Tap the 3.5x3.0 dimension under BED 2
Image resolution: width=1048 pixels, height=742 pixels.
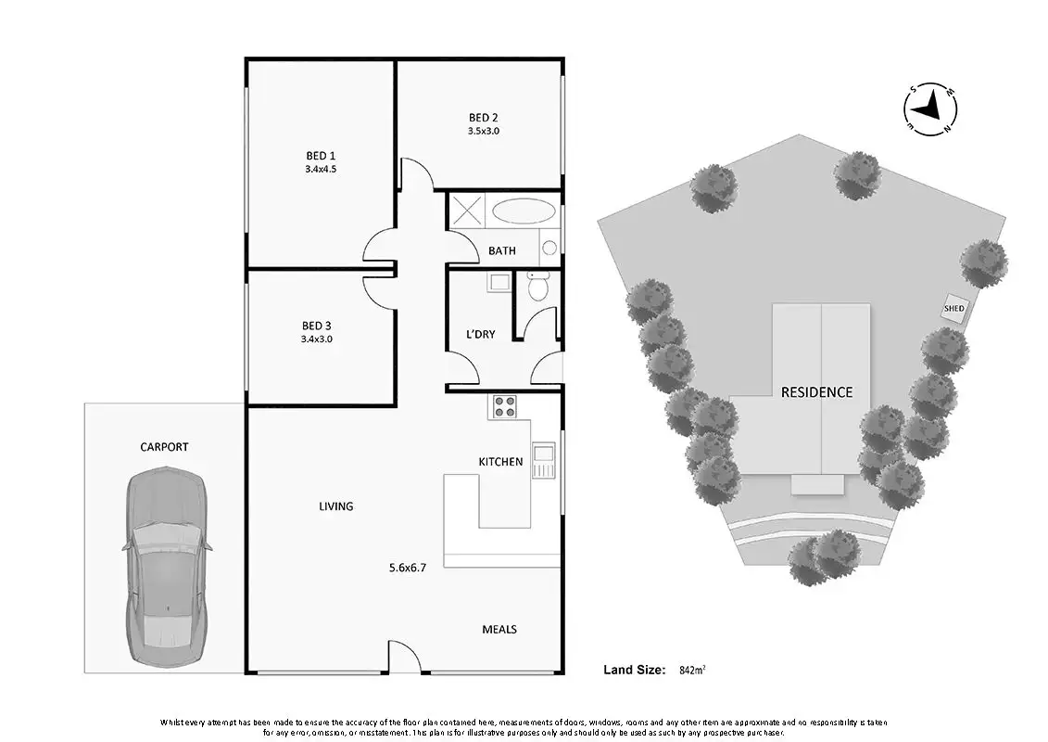tap(483, 131)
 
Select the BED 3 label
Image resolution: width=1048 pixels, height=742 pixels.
tap(316, 326)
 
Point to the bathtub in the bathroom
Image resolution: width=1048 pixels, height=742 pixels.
tap(520, 211)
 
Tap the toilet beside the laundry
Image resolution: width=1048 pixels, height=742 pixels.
tap(537, 287)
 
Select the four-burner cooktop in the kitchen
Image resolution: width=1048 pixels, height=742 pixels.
tap(504, 405)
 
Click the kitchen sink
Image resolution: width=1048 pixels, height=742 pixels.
tap(542, 457)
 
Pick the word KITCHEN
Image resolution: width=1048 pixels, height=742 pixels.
tap(500, 461)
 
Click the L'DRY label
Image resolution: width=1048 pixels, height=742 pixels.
tap(480, 334)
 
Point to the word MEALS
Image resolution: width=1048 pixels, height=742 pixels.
tap(499, 629)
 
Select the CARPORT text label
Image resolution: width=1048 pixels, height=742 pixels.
tap(164, 447)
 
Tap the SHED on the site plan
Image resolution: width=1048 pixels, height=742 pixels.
tap(953, 309)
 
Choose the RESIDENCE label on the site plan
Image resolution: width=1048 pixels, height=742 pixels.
tap(816, 392)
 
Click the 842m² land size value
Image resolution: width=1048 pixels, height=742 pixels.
tap(693, 669)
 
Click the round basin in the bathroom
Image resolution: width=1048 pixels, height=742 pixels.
tap(549, 248)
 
